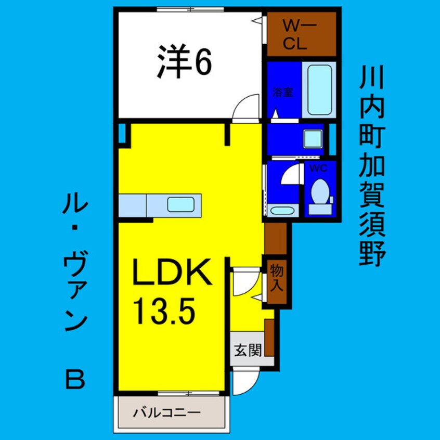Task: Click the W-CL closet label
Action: click(x=299, y=35)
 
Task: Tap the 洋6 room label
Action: click(x=184, y=62)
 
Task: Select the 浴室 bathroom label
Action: click(x=283, y=93)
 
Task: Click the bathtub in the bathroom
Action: click(x=319, y=90)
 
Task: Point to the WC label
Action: click(x=318, y=169)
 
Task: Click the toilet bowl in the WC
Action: click(x=320, y=192)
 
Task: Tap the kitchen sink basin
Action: click(x=181, y=204)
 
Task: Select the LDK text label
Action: click(x=172, y=272)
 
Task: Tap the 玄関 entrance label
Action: click(x=248, y=350)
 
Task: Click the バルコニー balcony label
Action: click(x=166, y=412)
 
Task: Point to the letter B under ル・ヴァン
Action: click(x=75, y=379)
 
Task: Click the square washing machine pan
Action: click(x=313, y=139)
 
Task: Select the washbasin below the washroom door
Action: click(x=281, y=211)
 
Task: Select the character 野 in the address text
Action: click(x=372, y=254)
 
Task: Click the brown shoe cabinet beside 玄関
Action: click(x=269, y=338)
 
